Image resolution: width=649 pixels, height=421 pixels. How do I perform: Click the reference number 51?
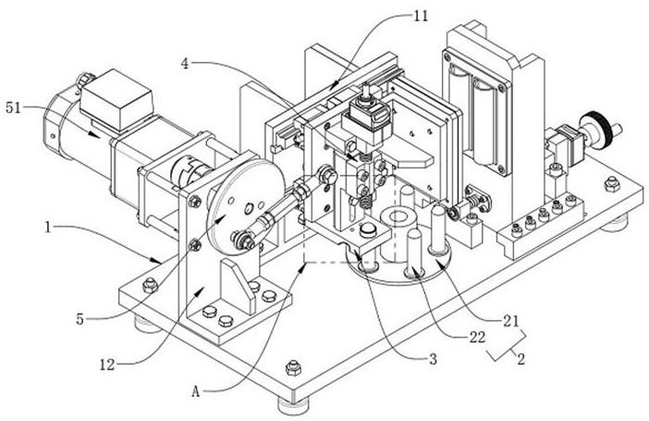pos(13,108)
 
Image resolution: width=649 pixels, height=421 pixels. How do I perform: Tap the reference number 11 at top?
pos(422,17)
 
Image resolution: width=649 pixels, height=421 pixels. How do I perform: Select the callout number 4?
pos(185,64)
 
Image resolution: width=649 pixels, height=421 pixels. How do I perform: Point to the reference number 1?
pos(48,227)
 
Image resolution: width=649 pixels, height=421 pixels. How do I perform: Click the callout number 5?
pos(80,319)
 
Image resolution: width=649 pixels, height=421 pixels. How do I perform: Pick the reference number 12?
pos(107,365)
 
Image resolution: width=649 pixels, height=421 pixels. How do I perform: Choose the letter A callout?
pos(195,392)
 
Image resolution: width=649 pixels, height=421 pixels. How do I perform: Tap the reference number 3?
pos(433,359)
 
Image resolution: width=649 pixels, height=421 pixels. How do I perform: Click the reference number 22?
pos(477,338)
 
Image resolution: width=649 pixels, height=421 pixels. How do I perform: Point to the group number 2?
pos(521,358)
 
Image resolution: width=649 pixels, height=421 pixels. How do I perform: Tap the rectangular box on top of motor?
pos(116,99)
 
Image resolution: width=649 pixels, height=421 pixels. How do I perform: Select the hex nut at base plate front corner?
pos(293,367)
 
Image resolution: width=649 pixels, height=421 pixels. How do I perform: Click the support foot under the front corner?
pos(293,405)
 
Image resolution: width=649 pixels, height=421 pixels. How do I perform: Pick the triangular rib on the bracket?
pos(238,286)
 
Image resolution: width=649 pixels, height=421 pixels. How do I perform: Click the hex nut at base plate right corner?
pos(612,184)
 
